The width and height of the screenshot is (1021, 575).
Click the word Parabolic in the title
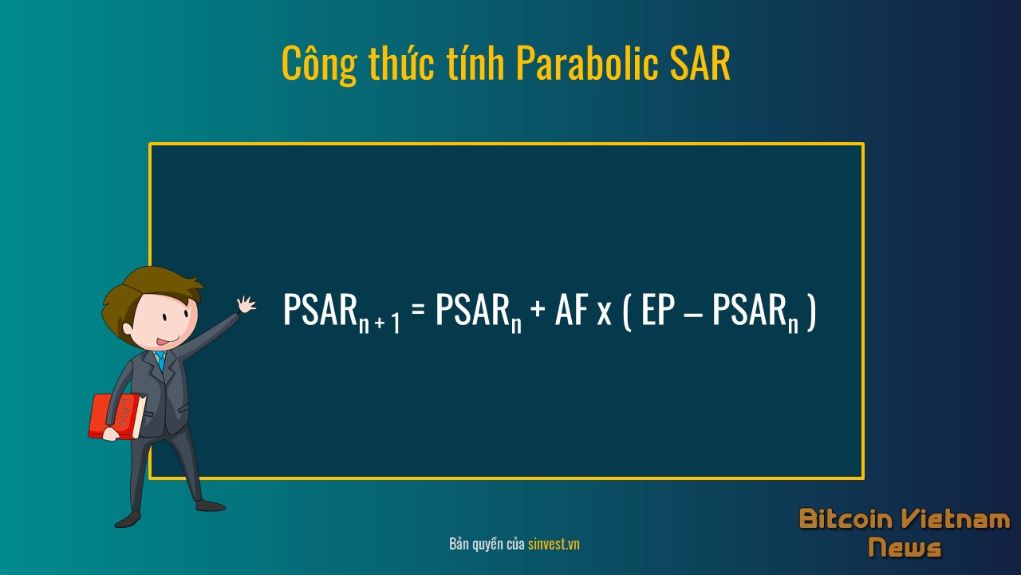pos(588,63)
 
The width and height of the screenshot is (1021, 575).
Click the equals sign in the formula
pos(418,309)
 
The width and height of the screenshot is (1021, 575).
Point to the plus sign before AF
pos(538,309)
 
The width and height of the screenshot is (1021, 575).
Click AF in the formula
pos(571,309)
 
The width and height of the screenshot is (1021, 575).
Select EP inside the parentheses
pos(658,309)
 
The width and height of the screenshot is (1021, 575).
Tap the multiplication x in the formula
pos(604,314)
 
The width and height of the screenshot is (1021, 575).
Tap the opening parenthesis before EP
pos(627,311)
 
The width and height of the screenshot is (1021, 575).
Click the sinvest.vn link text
pos(554,544)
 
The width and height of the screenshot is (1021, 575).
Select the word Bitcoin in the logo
pos(846,519)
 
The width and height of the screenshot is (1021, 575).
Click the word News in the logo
pos(905,547)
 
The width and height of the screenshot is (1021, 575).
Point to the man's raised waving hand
pos(246,304)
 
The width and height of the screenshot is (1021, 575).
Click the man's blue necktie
pos(160,359)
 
